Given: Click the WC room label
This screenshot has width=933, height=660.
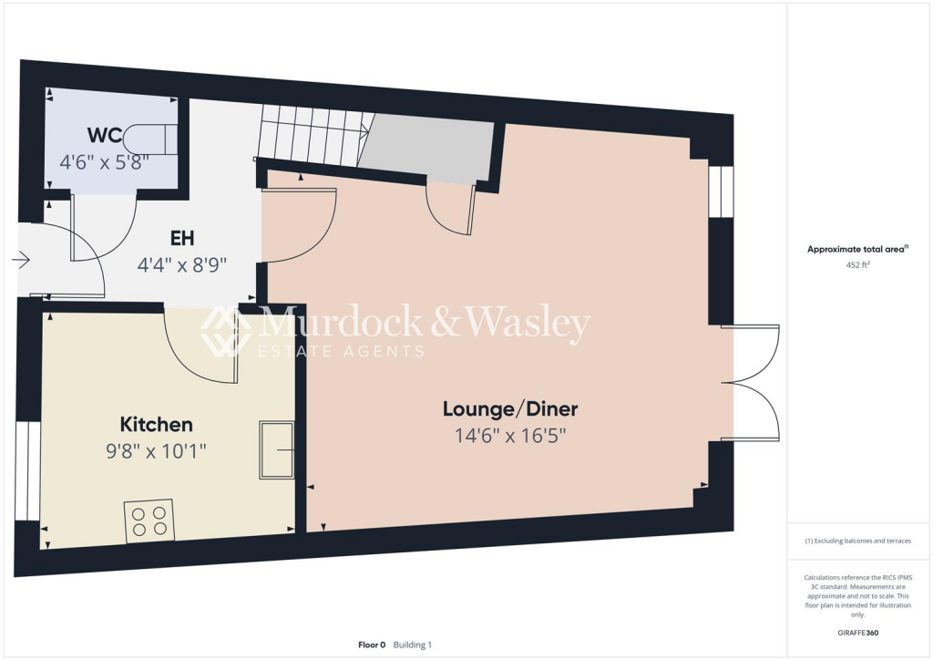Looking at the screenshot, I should pyautogui.click(x=106, y=136).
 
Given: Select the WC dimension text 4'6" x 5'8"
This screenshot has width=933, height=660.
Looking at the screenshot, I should pyautogui.click(x=105, y=164).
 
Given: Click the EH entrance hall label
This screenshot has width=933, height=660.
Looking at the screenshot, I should pyautogui.click(x=181, y=239).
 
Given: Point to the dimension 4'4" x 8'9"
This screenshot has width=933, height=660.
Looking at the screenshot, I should pyautogui.click(x=181, y=265).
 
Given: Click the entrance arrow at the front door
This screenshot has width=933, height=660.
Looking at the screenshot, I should pyautogui.click(x=21, y=261).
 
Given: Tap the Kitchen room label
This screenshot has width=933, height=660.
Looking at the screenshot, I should pyautogui.click(x=156, y=425).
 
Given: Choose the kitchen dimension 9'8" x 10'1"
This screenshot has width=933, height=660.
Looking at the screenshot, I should pyautogui.click(x=156, y=451).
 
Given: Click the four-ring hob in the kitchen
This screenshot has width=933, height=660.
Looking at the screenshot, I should pyautogui.click(x=149, y=521).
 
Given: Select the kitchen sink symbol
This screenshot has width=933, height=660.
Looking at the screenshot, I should pyautogui.click(x=277, y=449).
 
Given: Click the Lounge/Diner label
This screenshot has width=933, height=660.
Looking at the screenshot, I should pyautogui.click(x=510, y=408).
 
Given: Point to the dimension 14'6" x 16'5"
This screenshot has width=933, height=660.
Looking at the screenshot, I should pyautogui.click(x=510, y=436).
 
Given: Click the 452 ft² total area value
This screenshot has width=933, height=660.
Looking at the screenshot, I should pyautogui.click(x=856, y=266).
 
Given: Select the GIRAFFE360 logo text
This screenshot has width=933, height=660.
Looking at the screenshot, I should pyautogui.click(x=859, y=632).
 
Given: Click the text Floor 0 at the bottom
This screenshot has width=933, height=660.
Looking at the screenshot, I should pyautogui.click(x=372, y=645).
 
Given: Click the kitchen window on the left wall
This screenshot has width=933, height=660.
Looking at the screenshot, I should pyautogui.click(x=27, y=470).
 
